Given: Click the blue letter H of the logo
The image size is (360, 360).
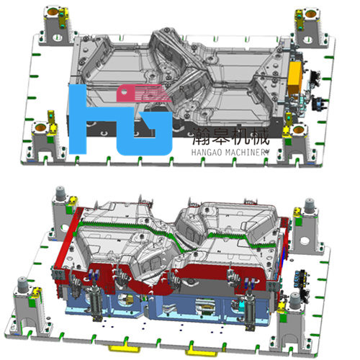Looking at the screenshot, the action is pos(77,120).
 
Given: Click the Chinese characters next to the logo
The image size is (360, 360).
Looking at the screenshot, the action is pos(230,136).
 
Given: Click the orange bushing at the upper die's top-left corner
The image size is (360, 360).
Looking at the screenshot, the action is pos(53,11).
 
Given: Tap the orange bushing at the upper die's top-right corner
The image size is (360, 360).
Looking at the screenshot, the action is pos(310,14).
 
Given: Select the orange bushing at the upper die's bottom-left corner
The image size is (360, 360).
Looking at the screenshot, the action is pos(40,127).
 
